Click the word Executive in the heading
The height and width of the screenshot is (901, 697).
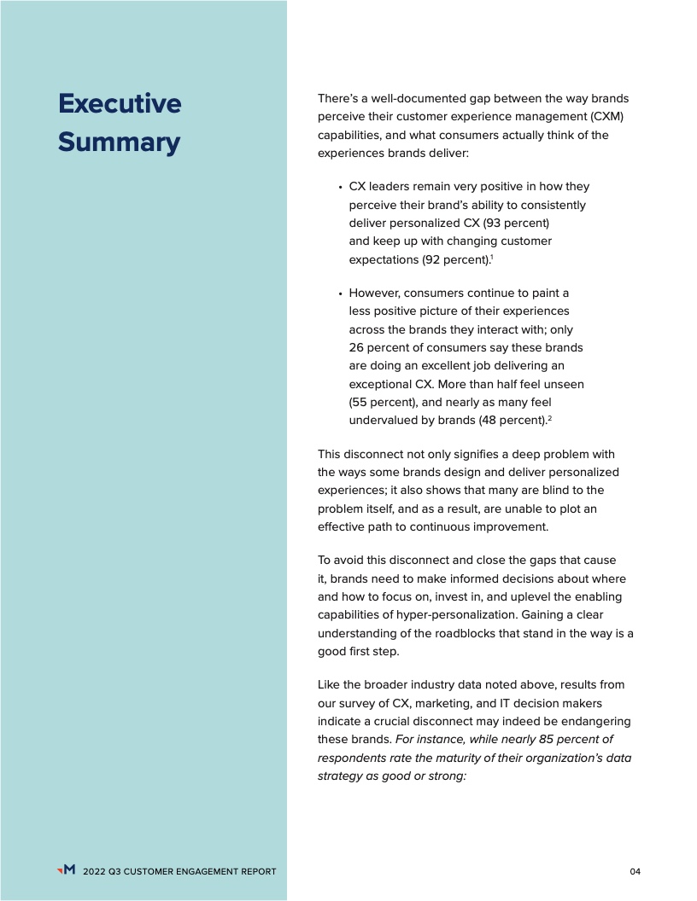pos(120,104)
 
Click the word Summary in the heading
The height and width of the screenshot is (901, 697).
pos(119,142)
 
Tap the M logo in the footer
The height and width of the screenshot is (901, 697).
pos(66,869)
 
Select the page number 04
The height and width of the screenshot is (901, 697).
pos(635,871)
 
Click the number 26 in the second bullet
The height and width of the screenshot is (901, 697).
pos(356,347)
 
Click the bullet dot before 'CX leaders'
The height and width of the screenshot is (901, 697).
pos(340,188)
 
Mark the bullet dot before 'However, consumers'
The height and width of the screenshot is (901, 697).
pos(340,294)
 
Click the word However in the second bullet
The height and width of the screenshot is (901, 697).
pos(374,294)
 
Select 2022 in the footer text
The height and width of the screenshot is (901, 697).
pos(94,871)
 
